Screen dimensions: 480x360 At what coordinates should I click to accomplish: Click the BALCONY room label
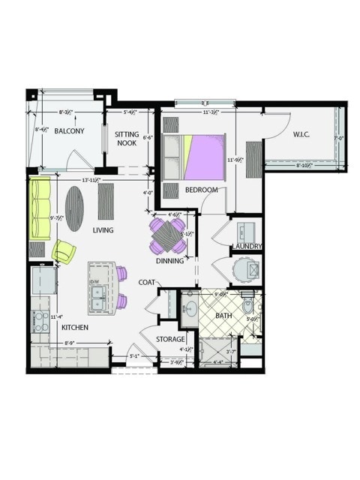(x=69, y=131)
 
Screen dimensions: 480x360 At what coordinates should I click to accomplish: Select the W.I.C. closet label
(x=301, y=135)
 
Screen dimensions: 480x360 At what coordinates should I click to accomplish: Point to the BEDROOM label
(x=201, y=190)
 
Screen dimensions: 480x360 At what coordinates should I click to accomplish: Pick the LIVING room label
(x=103, y=230)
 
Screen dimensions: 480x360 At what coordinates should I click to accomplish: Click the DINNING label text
(x=171, y=262)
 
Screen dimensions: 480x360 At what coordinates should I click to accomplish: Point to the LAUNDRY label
(x=247, y=246)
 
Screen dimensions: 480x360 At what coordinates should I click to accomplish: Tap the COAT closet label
(x=147, y=283)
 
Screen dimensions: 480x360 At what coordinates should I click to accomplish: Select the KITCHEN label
(x=76, y=328)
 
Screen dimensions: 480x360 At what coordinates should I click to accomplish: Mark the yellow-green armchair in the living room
(x=63, y=251)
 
